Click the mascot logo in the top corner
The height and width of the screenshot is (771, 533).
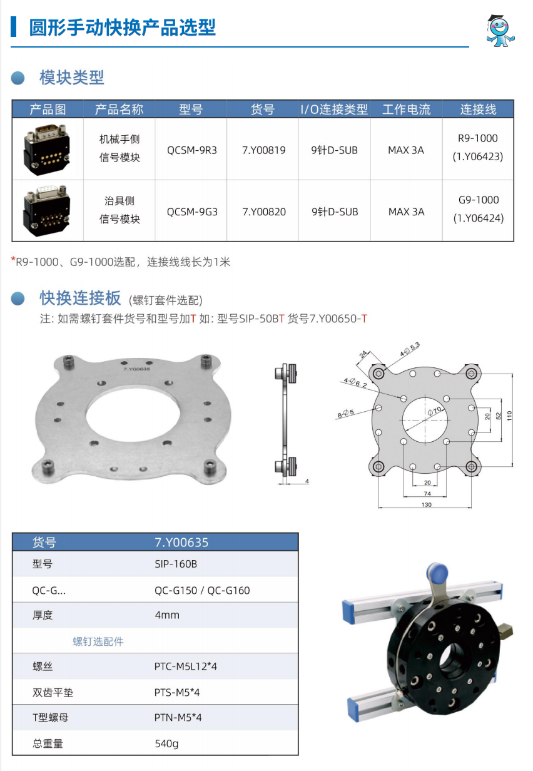click(x=500, y=31)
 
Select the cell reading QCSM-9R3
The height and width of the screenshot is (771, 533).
click(x=192, y=150)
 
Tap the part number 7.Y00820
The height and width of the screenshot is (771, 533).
click(x=264, y=212)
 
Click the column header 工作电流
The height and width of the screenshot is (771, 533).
click(x=407, y=110)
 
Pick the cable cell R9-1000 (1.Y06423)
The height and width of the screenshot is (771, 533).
click(x=478, y=147)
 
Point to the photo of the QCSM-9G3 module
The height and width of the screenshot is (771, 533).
click(x=47, y=211)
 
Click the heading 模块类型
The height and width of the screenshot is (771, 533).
click(x=71, y=78)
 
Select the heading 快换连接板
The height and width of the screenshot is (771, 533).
click(x=80, y=298)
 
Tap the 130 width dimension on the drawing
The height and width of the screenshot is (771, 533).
click(x=426, y=504)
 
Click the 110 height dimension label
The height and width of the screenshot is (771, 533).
click(x=510, y=416)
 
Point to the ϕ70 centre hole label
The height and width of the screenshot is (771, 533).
click(x=435, y=411)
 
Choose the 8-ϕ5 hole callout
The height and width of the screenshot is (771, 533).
click(x=345, y=414)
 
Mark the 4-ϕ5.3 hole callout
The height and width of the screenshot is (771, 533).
click(x=410, y=349)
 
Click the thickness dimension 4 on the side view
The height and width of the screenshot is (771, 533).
click(x=307, y=481)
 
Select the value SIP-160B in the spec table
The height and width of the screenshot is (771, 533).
click(x=176, y=564)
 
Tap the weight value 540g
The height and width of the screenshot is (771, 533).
click(x=166, y=744)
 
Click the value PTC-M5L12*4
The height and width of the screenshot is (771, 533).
click(x=185, y=666)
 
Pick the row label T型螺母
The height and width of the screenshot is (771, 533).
click(x=51, y=718)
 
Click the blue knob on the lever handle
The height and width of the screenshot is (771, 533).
click(x=437, y=573)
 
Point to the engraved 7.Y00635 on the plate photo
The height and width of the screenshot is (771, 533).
click(x=136, y=369)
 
